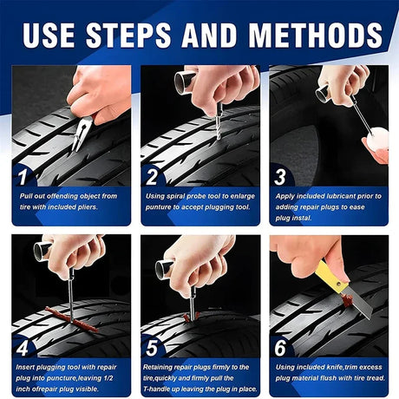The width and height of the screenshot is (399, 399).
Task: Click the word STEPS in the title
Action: point(128,35)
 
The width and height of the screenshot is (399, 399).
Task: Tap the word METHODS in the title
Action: point(316,35)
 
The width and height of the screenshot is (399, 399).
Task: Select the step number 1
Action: point(23,177)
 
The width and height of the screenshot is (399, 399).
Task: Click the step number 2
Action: point(152,177)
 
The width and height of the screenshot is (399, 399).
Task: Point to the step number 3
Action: point(280,177)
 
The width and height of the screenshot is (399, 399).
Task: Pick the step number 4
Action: point(23,349)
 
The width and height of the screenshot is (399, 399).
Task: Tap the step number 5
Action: point(152,349)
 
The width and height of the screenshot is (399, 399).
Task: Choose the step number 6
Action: point(280,348)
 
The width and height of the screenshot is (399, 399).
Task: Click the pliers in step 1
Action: point(82,132)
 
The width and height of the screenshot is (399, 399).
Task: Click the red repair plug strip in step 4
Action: point(72,320)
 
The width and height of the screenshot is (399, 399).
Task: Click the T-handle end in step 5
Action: point(164,270)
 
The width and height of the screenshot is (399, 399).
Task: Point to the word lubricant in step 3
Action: point(333,196)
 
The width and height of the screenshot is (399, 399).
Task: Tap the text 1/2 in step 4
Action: point(108,378)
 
